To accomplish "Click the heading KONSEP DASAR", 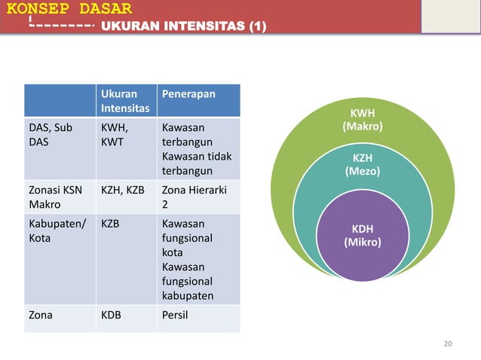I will [x=66, y=10].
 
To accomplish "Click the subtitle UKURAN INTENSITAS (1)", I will [x=182, y=28].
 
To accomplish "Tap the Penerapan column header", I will [x=188, y=95].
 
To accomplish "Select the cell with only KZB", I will [x=110, y=224].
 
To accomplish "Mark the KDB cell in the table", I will [x=111, y=316].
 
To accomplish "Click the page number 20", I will [x=448, y=344].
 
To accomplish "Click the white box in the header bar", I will [x=450, y=17].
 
